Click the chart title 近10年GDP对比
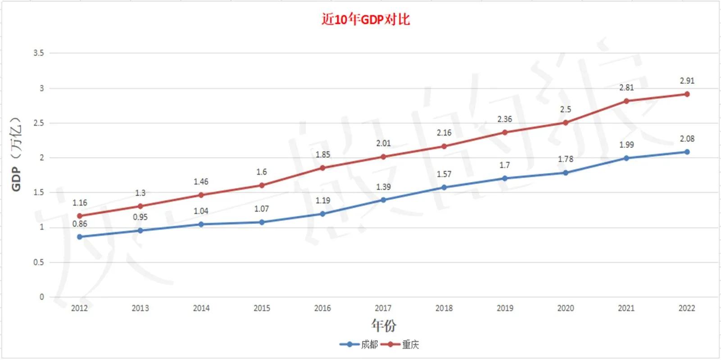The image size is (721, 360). click(x=365, y=19)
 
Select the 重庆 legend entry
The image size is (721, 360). click(x=410, y=345)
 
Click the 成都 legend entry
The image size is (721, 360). click(x=369, y=345)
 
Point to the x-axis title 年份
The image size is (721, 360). click(x=384, y=325)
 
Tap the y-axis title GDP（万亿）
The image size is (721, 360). click(x=16, y=154)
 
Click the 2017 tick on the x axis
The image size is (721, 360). click(x=383, y=308)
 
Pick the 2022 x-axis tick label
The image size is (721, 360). click(x=686, y=308)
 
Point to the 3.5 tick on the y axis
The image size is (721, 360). click(x=39, y=53)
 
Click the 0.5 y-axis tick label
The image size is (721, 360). click(x=39, y=262)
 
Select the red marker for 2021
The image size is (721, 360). click(x=626, y=101)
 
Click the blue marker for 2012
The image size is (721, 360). click(x=80, y=237)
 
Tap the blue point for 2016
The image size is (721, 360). click(x=322, y=214)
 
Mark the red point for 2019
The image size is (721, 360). click(x=505, y=132)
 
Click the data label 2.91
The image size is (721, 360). click(x=687, y=81)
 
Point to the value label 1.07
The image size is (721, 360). click(x=261, y=209)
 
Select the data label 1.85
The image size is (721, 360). click(x=322, y=155)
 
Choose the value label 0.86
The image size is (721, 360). click(x=80, y=224)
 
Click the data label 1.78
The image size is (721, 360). click(x=566, y=159)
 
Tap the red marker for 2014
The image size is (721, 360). click(x=201, y=195)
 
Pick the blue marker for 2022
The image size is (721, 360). click(x=687, y=152)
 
